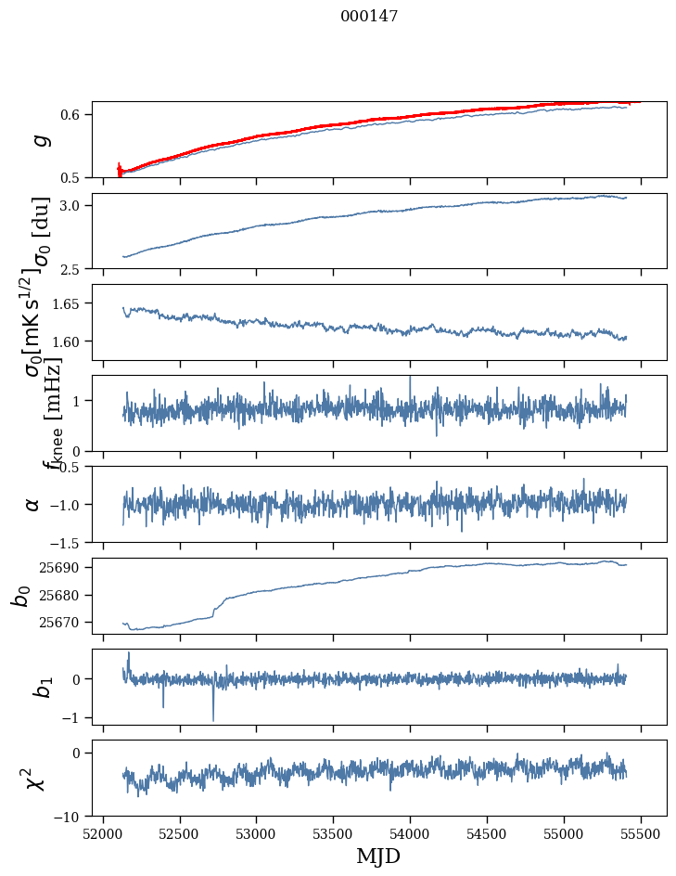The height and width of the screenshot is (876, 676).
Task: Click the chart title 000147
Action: point(369,17)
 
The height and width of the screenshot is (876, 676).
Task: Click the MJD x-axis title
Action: point(378,856)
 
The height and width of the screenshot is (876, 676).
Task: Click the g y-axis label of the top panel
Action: point(38,139)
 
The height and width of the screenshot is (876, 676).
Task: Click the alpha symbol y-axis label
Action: point(32,504)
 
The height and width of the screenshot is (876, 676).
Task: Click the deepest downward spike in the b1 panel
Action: point(213,719)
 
